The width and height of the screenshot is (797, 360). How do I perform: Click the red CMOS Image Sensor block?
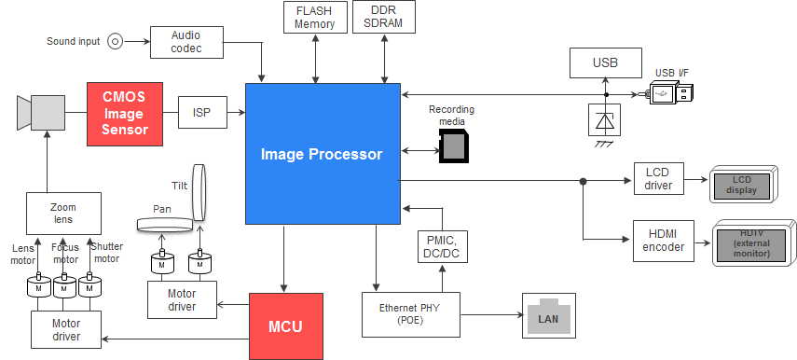125,114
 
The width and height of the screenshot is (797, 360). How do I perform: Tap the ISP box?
201,113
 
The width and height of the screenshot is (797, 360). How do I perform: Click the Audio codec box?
186,42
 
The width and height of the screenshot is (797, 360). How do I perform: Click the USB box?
604,63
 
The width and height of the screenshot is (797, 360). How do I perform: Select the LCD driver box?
658,179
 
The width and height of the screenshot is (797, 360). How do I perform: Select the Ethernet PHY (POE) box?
410,315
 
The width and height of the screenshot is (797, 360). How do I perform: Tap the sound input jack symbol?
116,41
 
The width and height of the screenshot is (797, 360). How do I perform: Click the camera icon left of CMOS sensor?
40,113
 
